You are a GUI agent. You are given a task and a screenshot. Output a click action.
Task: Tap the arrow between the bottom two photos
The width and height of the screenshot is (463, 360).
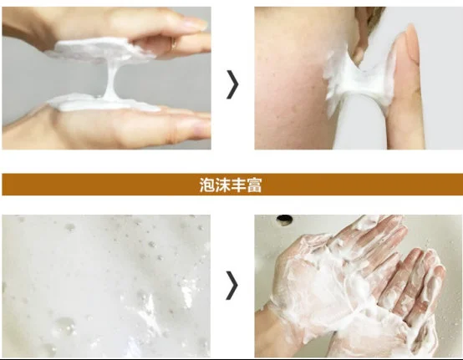click(231, 285)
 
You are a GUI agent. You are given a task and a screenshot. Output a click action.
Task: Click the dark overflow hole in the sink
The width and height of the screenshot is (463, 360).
click(286, 221)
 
